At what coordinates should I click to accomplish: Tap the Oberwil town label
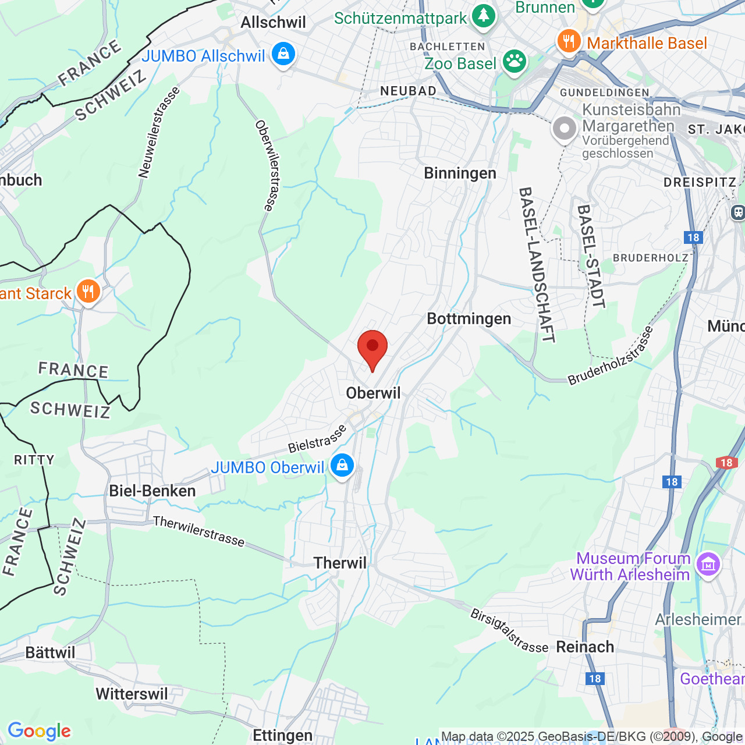[374, 393]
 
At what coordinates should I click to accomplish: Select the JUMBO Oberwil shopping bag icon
[342, 466]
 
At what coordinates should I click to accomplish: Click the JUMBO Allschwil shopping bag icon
[283, 55]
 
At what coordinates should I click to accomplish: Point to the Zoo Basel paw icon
[515, 62]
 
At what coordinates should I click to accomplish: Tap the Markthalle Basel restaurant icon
[569, 41]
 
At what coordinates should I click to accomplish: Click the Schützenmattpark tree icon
[483, 16]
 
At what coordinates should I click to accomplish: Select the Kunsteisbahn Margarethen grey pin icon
[564, 129]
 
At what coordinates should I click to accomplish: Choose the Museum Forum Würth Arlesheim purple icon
[708, 564]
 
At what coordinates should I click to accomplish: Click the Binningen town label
[460, 173]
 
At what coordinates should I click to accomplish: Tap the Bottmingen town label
[469, 319]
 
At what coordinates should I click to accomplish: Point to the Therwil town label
[340, 563]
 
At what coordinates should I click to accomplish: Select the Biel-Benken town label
[152, 491]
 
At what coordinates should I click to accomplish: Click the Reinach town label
[586, 647]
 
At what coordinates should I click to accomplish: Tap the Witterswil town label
[132, 694]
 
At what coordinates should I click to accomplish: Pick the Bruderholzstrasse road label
[611, 356]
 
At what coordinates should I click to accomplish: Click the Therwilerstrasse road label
[199, 531]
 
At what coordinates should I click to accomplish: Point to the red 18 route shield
[726, 463]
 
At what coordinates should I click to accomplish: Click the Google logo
[40, 731]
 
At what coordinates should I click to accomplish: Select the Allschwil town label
[273, 23]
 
